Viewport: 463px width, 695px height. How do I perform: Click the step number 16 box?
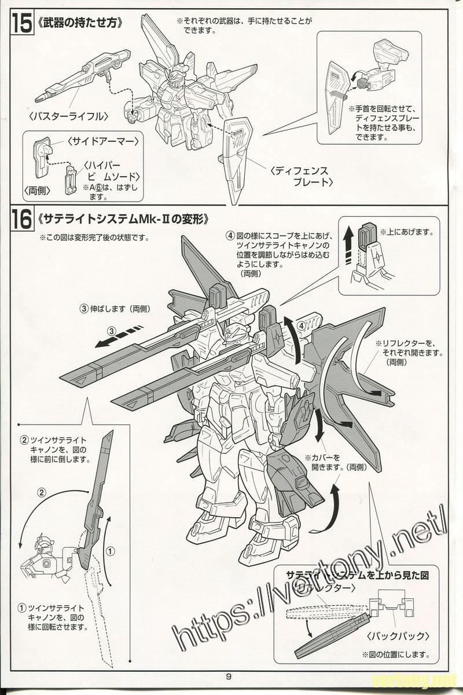[21, 220]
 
